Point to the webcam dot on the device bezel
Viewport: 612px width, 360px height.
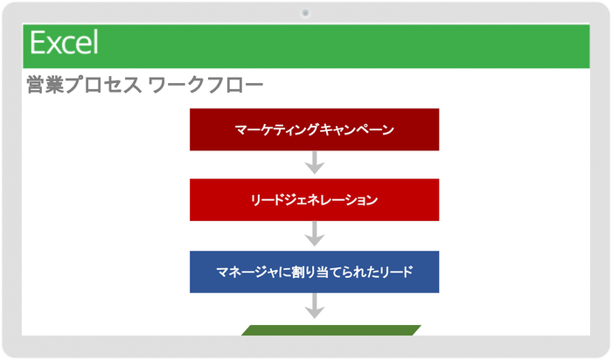click(305, 13)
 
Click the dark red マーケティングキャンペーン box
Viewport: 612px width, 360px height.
click(314, 130)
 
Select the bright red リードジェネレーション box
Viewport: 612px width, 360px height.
click(314, 200)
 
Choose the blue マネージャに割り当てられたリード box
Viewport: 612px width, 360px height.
click(314, 272)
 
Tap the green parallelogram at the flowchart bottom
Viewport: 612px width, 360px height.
click(330, 329)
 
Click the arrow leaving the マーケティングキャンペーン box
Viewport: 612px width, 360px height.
click(314, 163)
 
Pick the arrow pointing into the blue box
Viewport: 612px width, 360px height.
click(314, 234)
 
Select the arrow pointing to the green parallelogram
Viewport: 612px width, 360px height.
click(314, 306)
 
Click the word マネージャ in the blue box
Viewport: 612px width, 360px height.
click(247, 272)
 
